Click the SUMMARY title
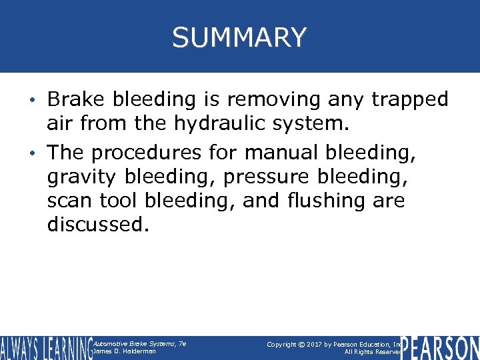(239, 37)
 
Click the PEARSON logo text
(440, 347)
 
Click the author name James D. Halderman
(126, 351)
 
